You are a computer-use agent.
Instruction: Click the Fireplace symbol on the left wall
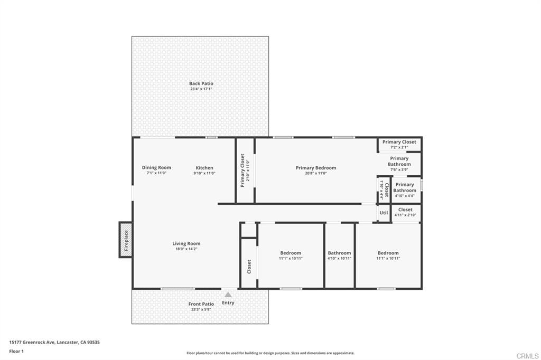click(x=126, y=240)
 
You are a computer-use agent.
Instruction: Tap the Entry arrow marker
click(x=228, y=295)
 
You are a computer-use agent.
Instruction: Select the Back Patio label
click(x=201, y=83)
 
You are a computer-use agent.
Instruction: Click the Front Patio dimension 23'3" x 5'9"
click(x=201, y=309)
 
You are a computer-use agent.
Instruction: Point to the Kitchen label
click(x=204, y=168)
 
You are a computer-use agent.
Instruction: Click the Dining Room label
click(x=156, y=168)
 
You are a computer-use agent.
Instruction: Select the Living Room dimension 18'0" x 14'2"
click(x=186, y=249)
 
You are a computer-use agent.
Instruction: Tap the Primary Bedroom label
click(x=316, y=168)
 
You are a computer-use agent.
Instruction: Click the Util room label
click(x=384, y=213)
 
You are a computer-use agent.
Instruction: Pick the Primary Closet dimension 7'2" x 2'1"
click(x=399, y=147)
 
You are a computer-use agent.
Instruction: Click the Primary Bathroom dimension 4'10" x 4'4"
click(x=405, y=196)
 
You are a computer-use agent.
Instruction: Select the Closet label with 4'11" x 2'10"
click(x=405, y=210)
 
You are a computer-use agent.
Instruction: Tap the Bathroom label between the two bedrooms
click(x=339, y=253)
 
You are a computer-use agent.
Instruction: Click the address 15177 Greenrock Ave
click(x=54, y=342)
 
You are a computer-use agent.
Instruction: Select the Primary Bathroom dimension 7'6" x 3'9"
click(x=399, y=169)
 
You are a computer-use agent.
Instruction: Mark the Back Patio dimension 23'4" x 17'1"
click(x=201, y=89)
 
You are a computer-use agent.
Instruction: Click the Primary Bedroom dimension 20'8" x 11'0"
click(x=316, y=173)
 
